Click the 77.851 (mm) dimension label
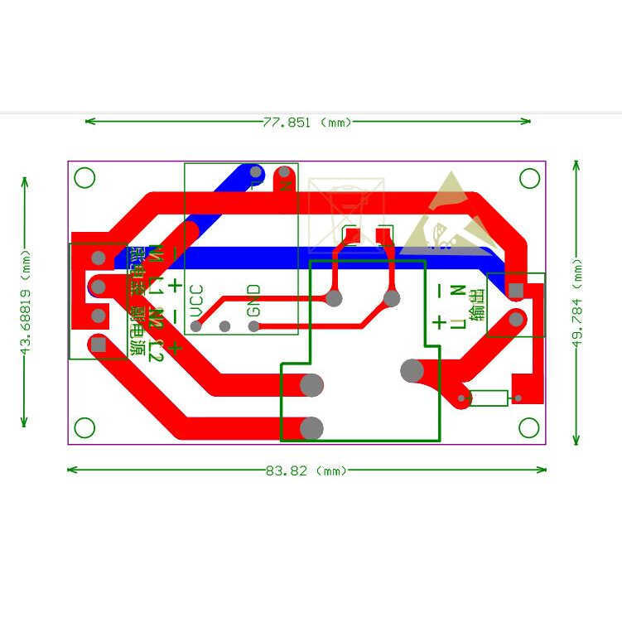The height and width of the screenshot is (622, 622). pyautogui.click(x=307, y=123)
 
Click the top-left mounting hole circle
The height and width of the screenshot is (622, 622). pyautogui.click(x=84, y=178)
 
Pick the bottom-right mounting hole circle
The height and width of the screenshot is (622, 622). pyautogui.click(x=529, y=427)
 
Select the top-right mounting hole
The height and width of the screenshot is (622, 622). pyautogui.click(x=529, y=178)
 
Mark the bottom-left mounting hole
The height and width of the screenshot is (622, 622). pyautogui.click(x=84, y=427)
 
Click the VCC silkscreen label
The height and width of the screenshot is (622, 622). pyautogui.click(x=196, y=301)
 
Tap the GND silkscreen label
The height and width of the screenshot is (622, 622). pyautogui.click(x=253, y=299)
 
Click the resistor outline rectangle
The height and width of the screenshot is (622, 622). pyautogui.click(x=489, y=398)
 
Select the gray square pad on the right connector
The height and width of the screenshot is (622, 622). pyautogui.click(x=515, y=290)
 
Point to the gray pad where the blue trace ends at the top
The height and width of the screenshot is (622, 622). pyautogui.click(x=256, y=173)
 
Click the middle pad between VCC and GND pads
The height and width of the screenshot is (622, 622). pyautogui.click(x=224, y=326)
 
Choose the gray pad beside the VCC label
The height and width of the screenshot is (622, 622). pyautogui.click(x=196, y=326)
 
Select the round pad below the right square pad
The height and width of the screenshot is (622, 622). pyautogui.click(x=515, y=319)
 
